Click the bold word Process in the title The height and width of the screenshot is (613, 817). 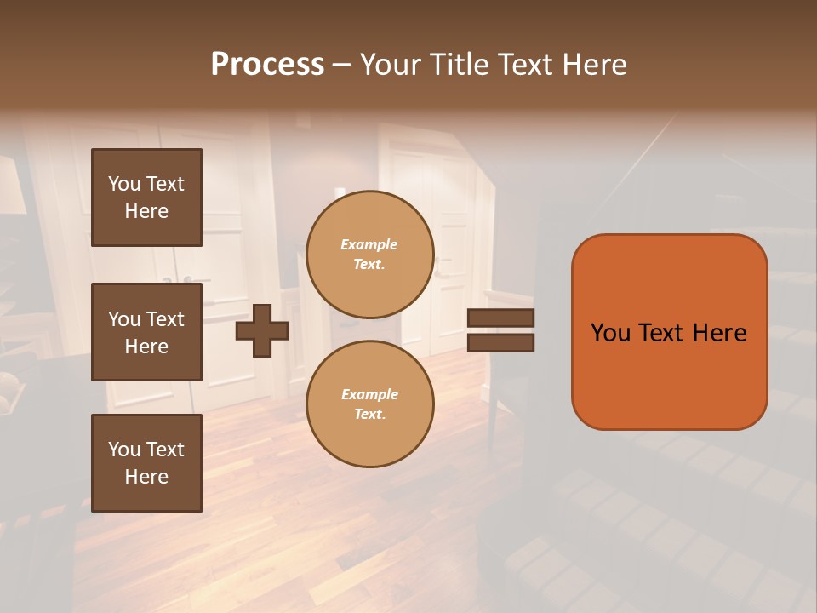click(267, 65)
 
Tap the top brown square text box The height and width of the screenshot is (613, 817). click(146, 198)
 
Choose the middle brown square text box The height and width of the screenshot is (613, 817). click(146, 332)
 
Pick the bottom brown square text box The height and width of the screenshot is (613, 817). click(146, 463)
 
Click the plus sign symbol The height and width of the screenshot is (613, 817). click(262, 329)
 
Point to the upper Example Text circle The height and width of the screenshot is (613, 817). click(369, 255)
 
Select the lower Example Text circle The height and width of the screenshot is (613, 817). click(369, 404)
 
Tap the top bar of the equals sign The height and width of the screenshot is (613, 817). click(500, 318)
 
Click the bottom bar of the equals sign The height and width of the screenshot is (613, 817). click(500, 342)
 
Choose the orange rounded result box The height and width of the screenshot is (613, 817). click(669, 332)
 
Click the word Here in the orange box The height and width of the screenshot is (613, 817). click(719, 333)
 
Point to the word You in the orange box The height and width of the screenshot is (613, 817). click(610, 333)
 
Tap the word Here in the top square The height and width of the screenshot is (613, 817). click(146, 211)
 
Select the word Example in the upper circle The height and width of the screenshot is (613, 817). click(369, 244)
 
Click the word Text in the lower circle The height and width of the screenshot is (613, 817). click(369, 415)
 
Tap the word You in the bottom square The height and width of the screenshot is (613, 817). click(124, 450)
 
